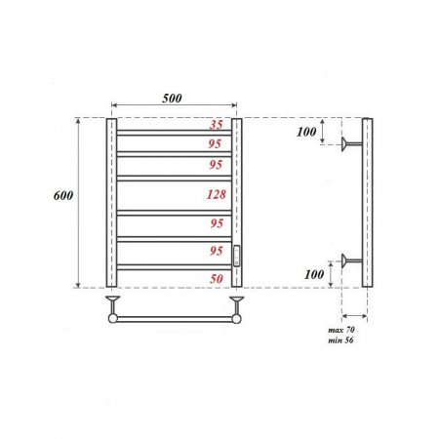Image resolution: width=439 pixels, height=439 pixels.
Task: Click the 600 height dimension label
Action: coord(63,196)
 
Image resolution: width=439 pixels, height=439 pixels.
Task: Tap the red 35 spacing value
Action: coord(217,125)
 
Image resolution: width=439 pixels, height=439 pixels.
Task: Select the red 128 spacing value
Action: coord(217,195)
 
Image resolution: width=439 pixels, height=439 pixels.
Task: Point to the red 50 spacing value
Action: coord(217,279)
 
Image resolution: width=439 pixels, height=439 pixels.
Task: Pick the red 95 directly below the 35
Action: coord(217,143)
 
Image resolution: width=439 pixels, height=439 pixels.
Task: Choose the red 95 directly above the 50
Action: coord(217,251)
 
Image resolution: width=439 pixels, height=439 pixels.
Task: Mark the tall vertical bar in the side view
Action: coord(367,203)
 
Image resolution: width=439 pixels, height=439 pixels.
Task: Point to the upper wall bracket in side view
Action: coord(351,145)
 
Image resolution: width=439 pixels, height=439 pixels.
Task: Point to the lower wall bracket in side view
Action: coord(351,260)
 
